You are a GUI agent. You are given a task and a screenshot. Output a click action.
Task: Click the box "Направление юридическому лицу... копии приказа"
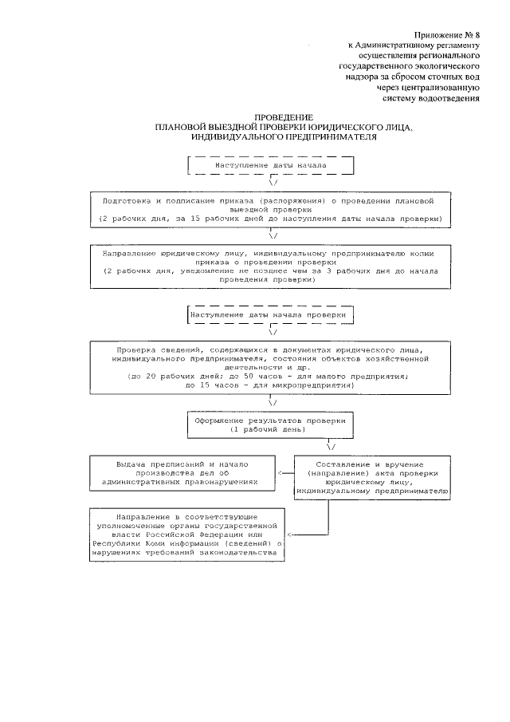pos(273,266)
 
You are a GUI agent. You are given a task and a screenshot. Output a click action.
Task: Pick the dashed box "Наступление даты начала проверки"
pos(269,315)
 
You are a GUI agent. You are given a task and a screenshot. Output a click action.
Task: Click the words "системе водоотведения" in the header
pos(431,99)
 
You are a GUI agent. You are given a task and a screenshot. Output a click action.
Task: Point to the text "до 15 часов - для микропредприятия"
pos(270,385)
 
